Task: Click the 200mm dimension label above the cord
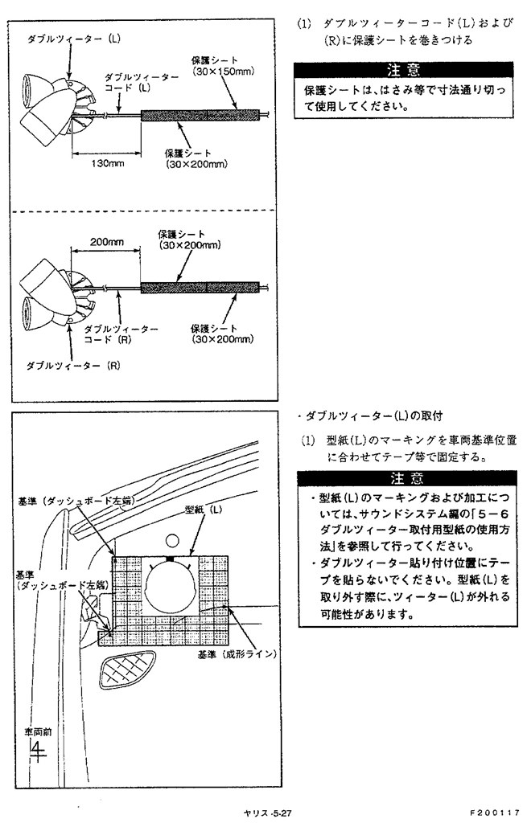pyautogui.click(x=106, y=241)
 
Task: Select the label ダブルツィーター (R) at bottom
pyautogui.click(x=73, y=365)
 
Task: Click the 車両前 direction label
pyautogui.click(x=35, y=732)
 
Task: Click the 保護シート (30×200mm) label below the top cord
pyautogui.click(x=196, y=158)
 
